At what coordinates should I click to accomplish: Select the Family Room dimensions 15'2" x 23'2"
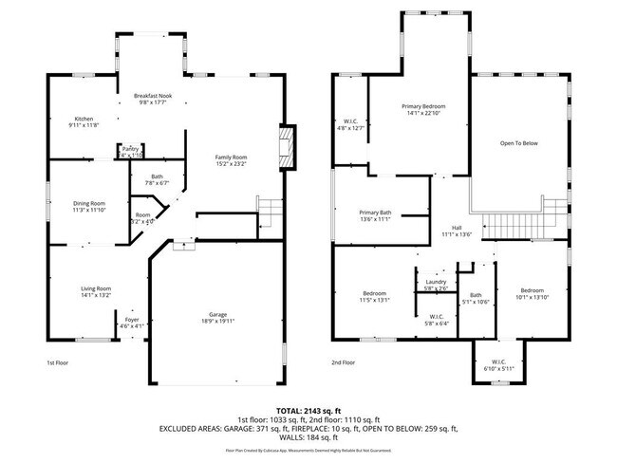click(x=230, y=164)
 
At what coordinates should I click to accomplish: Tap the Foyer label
click(x=132, y=321)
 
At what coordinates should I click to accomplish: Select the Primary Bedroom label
click(x=422, y=106)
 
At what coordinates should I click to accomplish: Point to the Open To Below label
click(x=519, y=143)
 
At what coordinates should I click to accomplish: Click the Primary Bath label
click(x=375, y=212)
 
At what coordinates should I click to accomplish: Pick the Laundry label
click(x=436, y=282)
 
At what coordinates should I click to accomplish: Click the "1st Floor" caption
click(x=58, y=362)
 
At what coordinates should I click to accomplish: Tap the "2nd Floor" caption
click(x=343, y=362)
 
